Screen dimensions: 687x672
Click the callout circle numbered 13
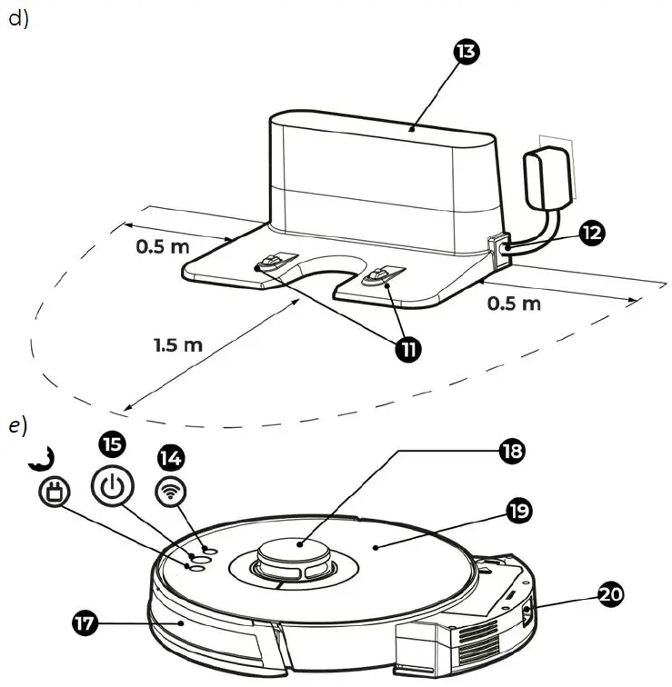(x=466, y=53)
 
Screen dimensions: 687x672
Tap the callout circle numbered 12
(x=592, y=233)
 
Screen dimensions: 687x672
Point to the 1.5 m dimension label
(x=177, y=344)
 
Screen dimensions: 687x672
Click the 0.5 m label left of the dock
(x=163, y=246)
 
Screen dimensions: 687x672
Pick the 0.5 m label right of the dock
(x=514, y=303)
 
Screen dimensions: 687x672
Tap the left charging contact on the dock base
(x=269, y=264)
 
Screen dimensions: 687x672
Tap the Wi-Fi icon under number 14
(x=168, y=491)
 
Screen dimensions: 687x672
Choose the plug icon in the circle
(x=54, y=494)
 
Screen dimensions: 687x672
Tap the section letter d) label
(x=18, y=19)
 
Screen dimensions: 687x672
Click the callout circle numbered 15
(x=111, y=444)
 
